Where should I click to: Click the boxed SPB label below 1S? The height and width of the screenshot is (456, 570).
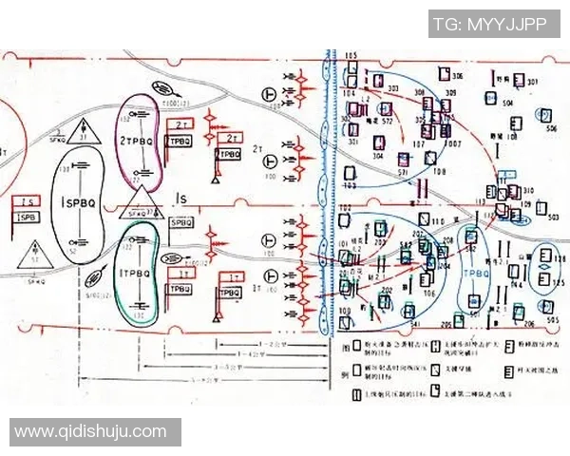[27, 218]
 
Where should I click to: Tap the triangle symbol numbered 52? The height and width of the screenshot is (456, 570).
[36, 255]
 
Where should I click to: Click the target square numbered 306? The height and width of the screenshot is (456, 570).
[443, 73]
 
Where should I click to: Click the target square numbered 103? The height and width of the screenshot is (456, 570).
[351, 174]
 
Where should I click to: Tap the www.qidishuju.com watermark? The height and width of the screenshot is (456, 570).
[90, 432]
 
